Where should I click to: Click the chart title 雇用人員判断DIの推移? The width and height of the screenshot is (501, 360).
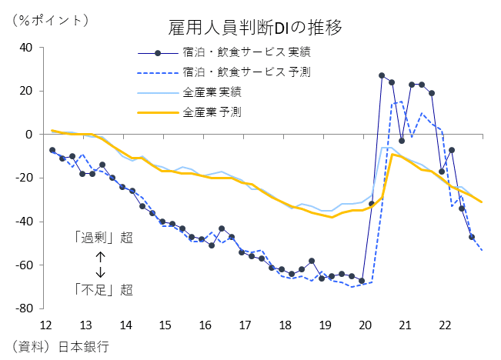255,28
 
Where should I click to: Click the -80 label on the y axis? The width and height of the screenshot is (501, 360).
24,308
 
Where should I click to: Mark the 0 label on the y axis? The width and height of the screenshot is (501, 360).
28,135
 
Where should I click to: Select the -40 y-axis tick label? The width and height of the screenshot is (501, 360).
24,222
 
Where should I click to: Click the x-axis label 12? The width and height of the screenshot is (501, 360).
45,325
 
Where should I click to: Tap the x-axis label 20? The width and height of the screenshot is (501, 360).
366,325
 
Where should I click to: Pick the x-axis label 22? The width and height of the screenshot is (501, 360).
445,325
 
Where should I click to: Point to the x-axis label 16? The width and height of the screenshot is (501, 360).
205,325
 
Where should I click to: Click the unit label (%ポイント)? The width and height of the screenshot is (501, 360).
50,21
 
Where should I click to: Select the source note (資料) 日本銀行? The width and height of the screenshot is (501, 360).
61,347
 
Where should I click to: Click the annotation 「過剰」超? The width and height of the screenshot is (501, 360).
104,238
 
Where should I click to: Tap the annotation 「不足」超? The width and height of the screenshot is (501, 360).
104,290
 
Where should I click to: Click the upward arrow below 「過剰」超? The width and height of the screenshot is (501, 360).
100,257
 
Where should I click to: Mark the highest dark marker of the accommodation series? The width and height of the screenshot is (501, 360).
382,75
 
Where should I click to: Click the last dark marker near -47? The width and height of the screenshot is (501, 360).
472,237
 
